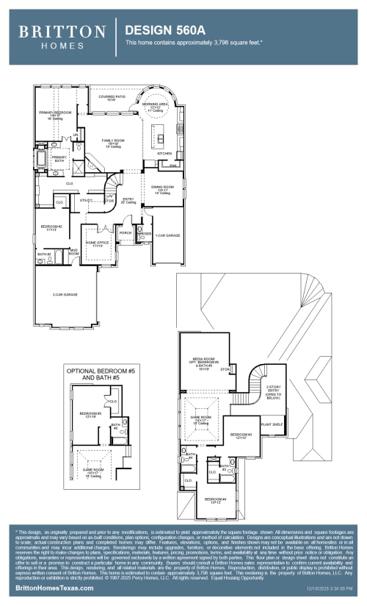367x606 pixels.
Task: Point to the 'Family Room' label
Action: (x=112, y=142)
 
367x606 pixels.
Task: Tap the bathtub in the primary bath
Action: (x=42, y=160)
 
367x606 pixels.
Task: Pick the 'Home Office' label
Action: (x=98, y=243)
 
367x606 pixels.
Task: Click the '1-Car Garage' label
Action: (x=167, y=235)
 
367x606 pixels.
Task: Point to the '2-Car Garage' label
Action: (x=65, y=295)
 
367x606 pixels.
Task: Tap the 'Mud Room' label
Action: (x=73, y=252)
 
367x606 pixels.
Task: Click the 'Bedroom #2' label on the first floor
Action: (x=51, y=227)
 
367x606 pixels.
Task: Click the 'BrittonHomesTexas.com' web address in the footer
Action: (x=55, y=588)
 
